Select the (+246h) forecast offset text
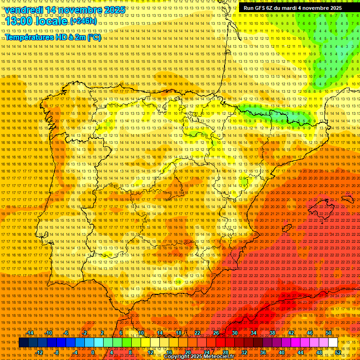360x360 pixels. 83,21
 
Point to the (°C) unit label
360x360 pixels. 94,37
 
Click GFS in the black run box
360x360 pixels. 259,8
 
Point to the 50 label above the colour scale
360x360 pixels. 329,333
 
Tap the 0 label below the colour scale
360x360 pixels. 93,352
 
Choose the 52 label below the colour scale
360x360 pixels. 337,352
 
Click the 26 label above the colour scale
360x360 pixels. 216,333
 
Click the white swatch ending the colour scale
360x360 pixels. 333,343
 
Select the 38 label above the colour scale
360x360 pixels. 272,333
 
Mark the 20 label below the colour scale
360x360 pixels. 187,352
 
